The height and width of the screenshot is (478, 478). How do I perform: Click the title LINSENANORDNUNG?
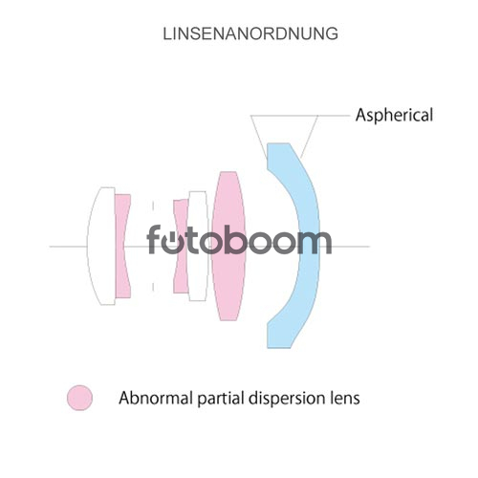click(250, 33)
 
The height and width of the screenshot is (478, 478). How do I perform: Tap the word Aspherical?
click(394, 115)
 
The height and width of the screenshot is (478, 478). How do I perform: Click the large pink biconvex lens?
click(228, 246)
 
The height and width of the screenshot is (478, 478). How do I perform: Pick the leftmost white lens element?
click(101, 246)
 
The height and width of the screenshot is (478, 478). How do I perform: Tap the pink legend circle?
click(79, 398)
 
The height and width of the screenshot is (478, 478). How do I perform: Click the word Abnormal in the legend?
click(156, 398)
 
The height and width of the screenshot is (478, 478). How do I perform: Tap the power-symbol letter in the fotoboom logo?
click(174, 242)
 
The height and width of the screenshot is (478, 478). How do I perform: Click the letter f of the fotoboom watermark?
click(154, 239)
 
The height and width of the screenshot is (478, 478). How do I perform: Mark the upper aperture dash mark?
click(153, 206)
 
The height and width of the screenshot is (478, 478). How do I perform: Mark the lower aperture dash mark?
click(153, 287)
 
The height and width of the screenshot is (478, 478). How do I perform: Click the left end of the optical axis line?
click(50, 247)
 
